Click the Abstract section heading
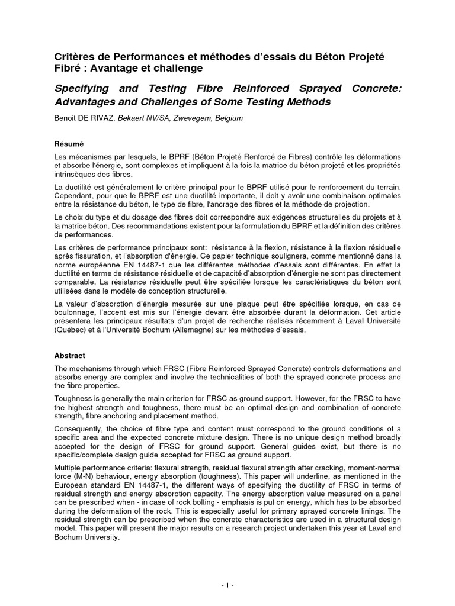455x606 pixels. [70, 356]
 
